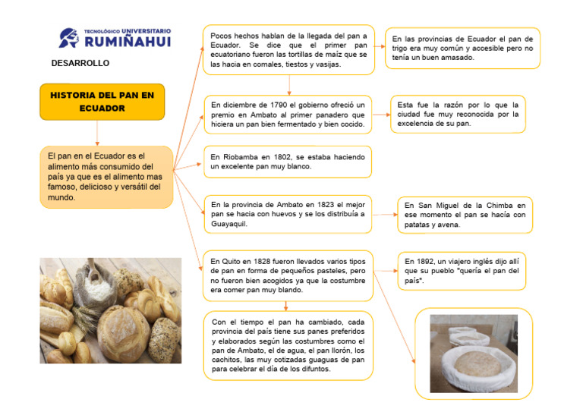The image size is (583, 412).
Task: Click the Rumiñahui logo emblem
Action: pos(69,37)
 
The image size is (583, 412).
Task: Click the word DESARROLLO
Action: pos(80,63)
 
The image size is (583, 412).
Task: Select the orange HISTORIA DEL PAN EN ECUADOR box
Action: pos(102,102)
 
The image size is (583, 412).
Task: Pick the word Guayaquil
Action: pos(231,225)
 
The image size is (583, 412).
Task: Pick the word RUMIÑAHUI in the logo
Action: pos(128,42)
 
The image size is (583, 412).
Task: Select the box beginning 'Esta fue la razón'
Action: pos(457,115)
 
